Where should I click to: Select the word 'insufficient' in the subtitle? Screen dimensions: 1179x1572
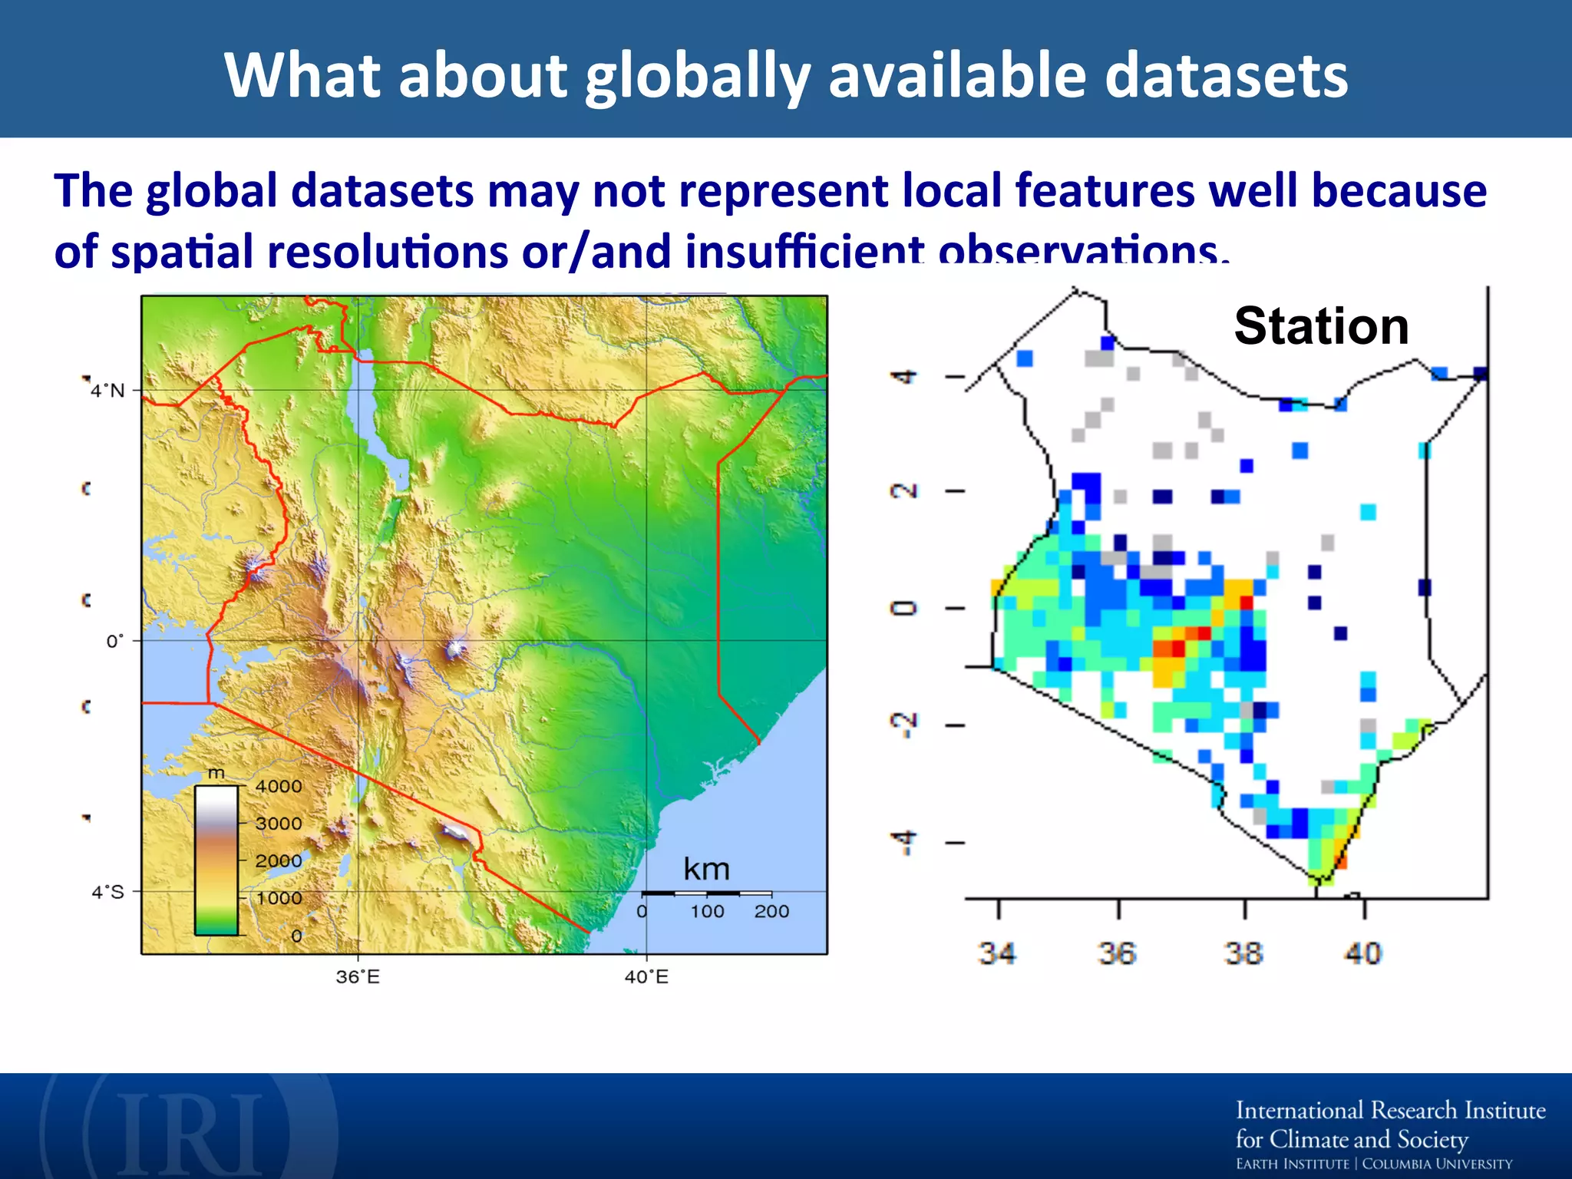[805, 252]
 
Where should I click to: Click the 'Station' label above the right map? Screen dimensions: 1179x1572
[1321, 326]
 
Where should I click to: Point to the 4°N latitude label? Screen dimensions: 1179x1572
[107, 391]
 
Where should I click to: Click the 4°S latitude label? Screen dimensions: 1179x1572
[107, 892]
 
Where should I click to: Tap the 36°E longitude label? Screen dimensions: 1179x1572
[358, 977]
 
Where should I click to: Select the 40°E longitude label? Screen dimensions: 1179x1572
[646, 977]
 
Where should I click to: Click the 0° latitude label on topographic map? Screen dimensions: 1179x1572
[114, 641]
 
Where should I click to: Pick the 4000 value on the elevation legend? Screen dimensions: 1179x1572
[279, 786]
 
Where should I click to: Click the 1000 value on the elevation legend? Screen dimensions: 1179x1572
[279, 898]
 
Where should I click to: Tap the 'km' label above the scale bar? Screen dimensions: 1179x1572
[706, 870]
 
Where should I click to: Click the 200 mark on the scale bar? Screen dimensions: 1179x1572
[771, 911]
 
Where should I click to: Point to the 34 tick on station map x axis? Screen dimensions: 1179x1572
[997, 953]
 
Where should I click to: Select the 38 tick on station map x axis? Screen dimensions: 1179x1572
[1244, 953]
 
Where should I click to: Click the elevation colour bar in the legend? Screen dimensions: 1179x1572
[216, 860]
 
